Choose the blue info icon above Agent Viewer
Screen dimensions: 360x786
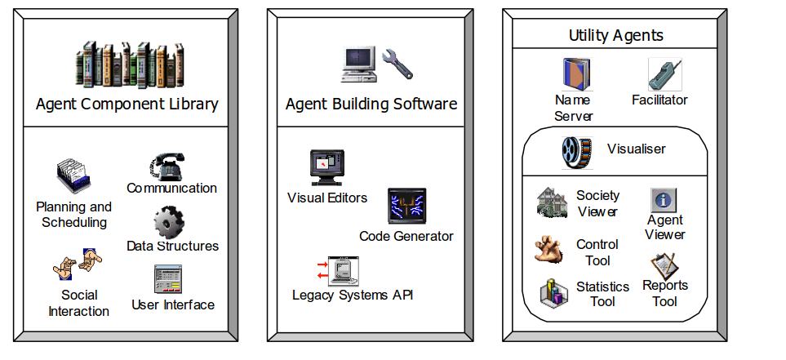tap(664, 200)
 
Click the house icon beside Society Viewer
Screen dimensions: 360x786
tap(552, 202)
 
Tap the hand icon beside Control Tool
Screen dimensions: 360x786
tap(550, 249)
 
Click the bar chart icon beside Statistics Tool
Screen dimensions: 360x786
tap(553, 291)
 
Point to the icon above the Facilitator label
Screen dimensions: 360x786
tap(664, 74)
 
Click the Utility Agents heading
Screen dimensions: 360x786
tap(615, 35)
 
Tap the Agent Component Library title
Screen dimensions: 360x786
tap(127, 104)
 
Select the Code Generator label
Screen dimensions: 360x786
tap(406, 236)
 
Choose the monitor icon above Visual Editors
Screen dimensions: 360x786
tap(326, 167)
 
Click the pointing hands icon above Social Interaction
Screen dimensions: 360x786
tap(78, 266)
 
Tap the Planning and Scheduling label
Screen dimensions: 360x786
tap(73, 214)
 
